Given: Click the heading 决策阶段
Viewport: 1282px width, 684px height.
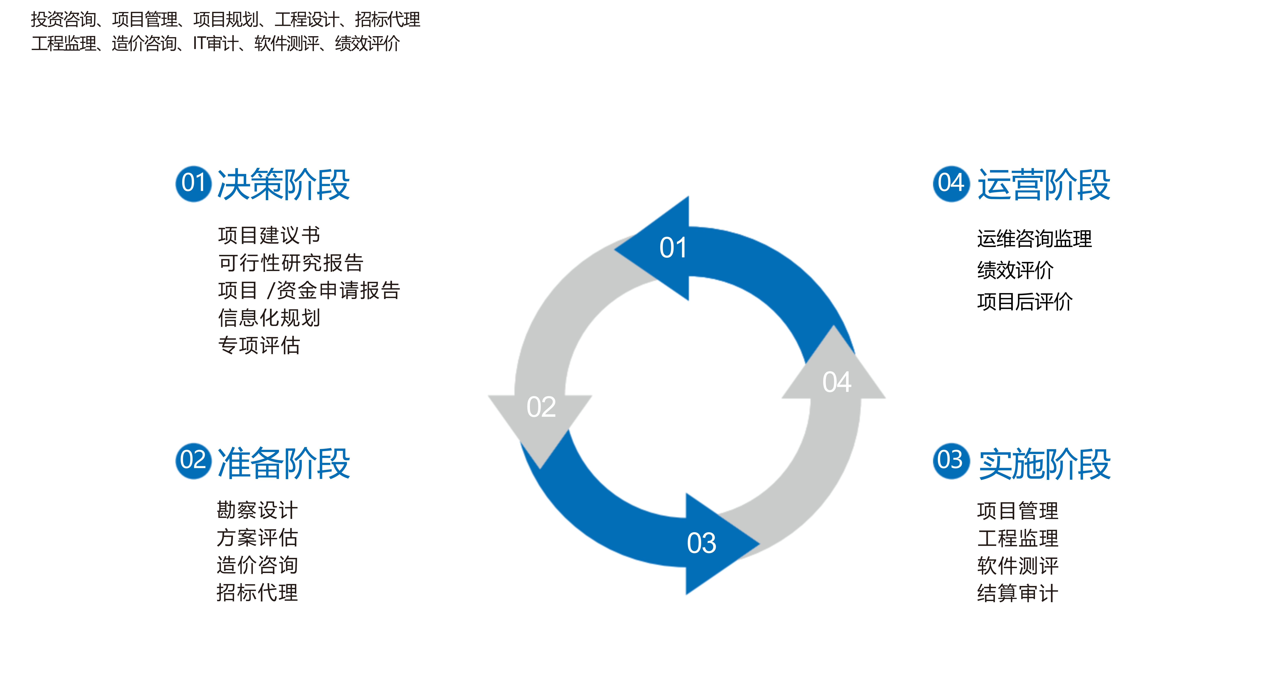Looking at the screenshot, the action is [x=284, y=184].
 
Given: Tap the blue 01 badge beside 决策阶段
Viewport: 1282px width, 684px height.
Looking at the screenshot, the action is [x=194, y=184].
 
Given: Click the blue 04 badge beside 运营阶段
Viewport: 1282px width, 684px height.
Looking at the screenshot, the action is [x=951, y=184].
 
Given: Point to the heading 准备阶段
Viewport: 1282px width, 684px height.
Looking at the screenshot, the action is [x=284, y=463].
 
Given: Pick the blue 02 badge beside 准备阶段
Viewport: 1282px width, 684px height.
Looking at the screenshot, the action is [x=194, y=461].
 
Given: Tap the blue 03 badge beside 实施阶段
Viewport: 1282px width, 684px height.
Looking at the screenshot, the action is [x=951, y=461].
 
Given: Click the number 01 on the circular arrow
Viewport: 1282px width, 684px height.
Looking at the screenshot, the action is [x=673, y=248].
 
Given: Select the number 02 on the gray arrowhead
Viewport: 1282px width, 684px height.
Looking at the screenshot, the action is [x=541, y=407].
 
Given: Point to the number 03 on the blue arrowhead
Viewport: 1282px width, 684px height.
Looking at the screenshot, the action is [x=702, y=543].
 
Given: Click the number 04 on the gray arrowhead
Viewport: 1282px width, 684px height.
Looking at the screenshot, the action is [x=837, y=382].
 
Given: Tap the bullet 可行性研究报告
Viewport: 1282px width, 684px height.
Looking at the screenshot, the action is [x=291, y=262].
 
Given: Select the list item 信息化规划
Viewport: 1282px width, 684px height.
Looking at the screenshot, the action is [x=269, y=318].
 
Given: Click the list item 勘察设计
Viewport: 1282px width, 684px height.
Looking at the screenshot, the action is [x=257, y=510].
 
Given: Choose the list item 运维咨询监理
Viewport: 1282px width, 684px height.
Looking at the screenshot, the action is [x=1034, y=239].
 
